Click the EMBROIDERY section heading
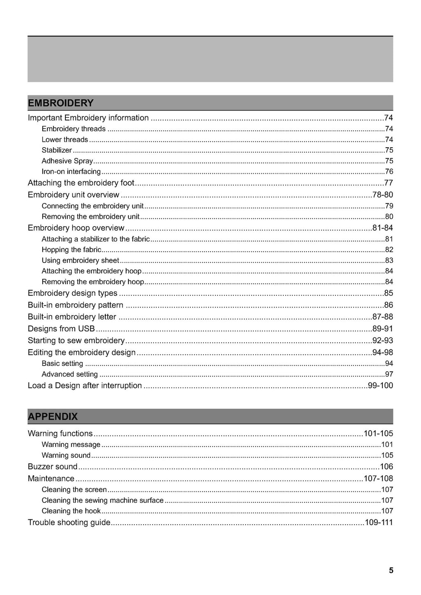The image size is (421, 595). [x=61, y=103]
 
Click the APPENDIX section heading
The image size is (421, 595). [x=53, y=417]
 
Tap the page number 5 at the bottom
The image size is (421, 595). [x=391, y=570]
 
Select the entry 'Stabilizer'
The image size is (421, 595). [x=57, y=150]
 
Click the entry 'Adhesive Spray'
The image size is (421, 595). [x=67, y=161]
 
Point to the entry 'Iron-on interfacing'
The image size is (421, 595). [x=71, y=171]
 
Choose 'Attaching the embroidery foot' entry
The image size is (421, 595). [x=81, y=183]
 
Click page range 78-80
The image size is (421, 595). [x=382, y=194]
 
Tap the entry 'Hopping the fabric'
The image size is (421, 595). [x=72, y=250]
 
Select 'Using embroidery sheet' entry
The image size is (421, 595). [x=80, y=260]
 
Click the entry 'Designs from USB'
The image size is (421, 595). [x=61, y=329]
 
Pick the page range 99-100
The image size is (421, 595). [x=380, y=386]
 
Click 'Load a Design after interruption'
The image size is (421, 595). [x=85, y=386]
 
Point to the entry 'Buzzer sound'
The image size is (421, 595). [x=53, y=467]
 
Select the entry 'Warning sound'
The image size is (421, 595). [x=66, y=455]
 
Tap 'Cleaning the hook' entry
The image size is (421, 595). [x=71, y=511]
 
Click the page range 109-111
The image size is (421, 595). [x=379, y=523]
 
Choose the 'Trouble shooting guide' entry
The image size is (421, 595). [x=69, y=523]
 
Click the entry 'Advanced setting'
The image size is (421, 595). [x=70, y=374]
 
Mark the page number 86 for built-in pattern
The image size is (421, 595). [x=389, y=305]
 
